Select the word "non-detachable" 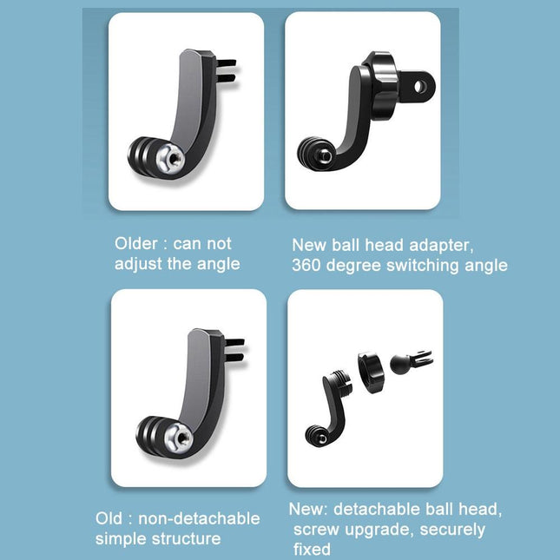pyautogui.click(x=207, y=518)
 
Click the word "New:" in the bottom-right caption pyautogui.click(x=309, y=509)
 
